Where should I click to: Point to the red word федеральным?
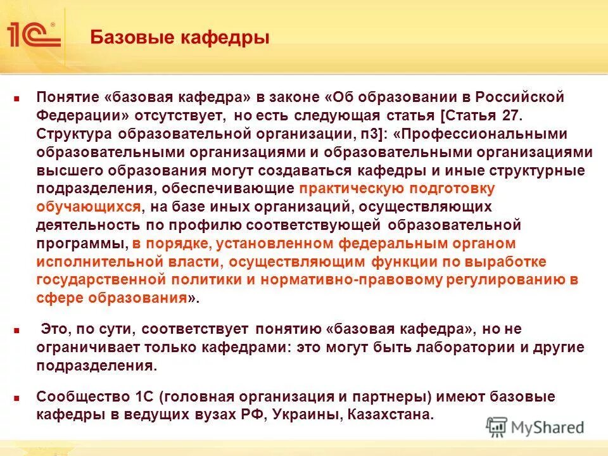click(x=386, y=244)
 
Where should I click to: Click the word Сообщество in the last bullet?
click(x=77, y=397)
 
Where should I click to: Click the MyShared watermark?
click(x=535, y=427)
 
